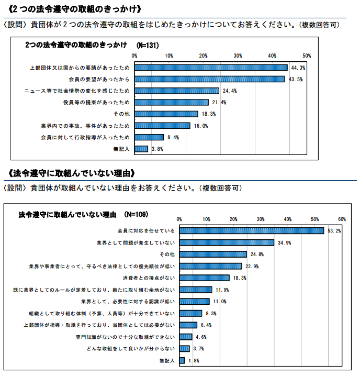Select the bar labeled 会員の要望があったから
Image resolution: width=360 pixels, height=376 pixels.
pos(209,79)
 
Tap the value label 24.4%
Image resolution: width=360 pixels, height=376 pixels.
pos(230,91)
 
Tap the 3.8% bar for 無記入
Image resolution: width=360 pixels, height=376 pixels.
pos(141,149)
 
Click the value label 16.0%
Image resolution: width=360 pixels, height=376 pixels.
pos(201,126)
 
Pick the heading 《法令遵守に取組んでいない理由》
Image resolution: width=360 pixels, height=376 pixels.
pos(73,173)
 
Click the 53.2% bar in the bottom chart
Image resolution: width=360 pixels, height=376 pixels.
pos(252,231)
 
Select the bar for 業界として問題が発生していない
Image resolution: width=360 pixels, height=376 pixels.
pos(227,242)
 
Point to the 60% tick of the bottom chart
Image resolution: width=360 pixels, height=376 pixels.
pos(342,219)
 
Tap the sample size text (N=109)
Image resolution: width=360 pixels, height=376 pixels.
pos(136,214)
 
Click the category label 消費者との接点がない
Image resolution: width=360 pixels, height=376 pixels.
pos(149,278)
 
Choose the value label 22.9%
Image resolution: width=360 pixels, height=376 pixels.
pos(253,266)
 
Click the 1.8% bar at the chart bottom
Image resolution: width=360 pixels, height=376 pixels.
pos(182,360)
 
